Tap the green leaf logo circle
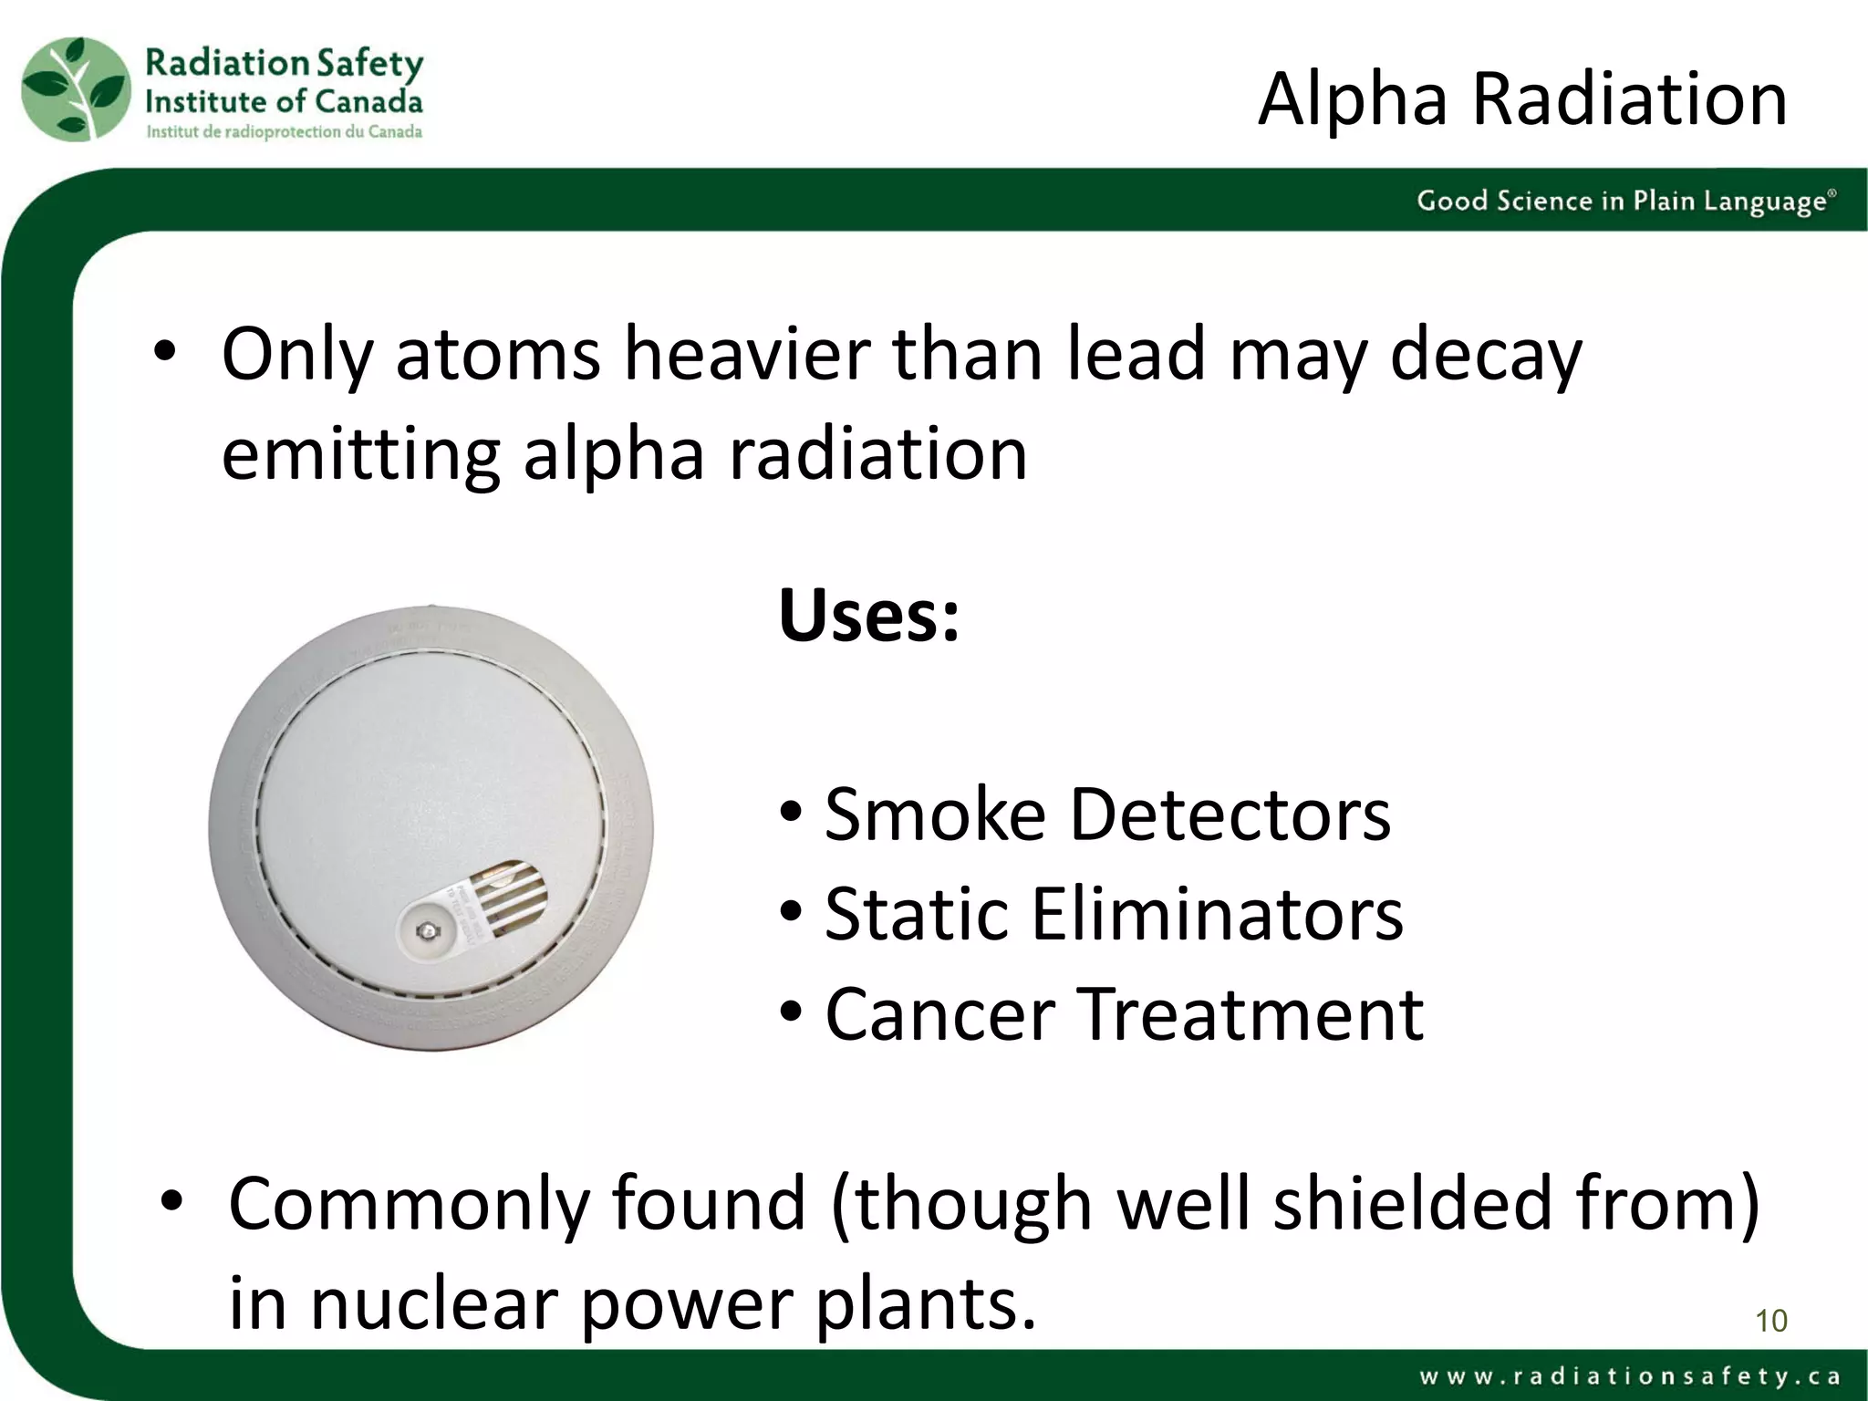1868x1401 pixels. [75, 89]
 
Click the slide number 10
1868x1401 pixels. [1770, 1321]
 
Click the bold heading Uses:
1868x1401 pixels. [868, 616]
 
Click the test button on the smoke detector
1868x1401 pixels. [424, 930]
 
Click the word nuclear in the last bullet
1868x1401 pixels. [436, 1302]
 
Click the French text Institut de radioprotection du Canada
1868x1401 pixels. [284, 132]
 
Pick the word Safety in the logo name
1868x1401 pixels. [368, 64]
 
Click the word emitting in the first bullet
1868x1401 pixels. [360, 454]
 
